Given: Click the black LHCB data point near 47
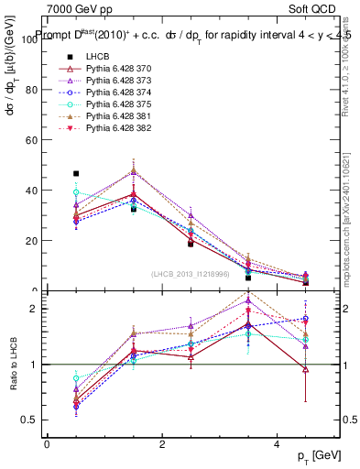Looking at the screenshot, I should click(76, 173).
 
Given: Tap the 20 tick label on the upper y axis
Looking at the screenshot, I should click(34, 241).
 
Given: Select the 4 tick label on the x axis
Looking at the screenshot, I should click(278, 444).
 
